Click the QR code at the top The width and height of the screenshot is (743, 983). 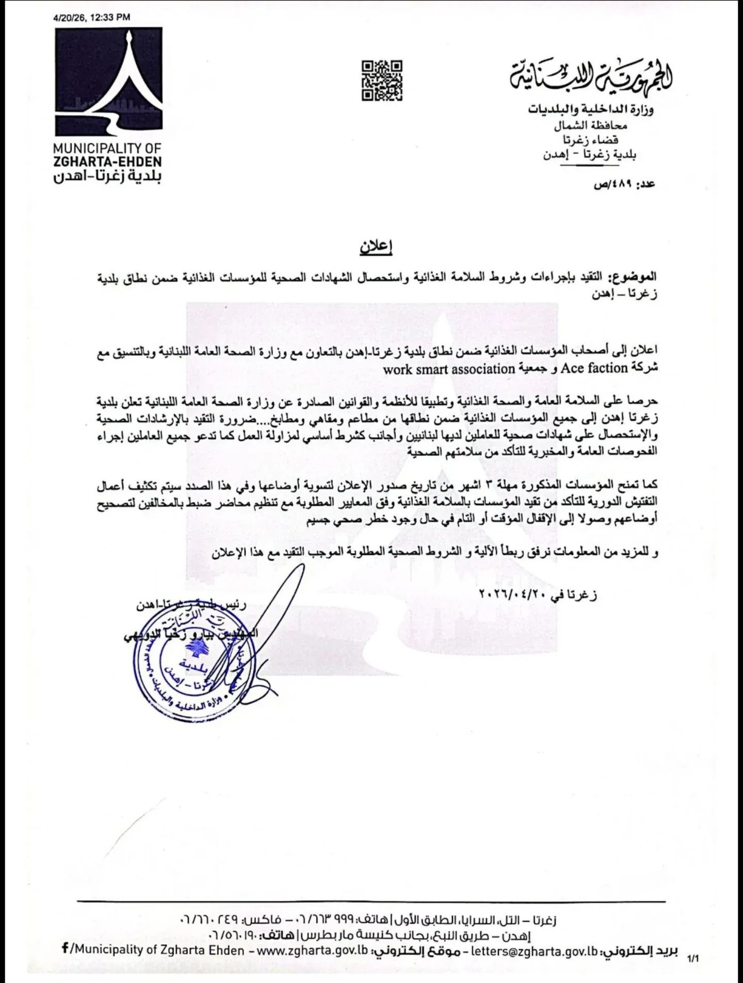[382, 80]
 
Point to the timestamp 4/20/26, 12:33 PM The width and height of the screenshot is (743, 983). [92, 17]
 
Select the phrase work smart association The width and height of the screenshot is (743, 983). [449, 369]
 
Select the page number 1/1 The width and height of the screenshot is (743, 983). [692, 959]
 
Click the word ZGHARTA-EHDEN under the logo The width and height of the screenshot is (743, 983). [107, 162]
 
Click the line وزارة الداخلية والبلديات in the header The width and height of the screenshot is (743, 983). [591, 109]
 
